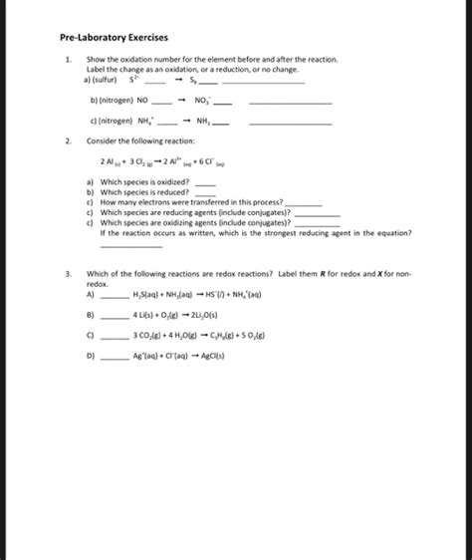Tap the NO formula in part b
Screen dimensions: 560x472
click(x=140, y=101)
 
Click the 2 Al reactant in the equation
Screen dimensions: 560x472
click(x=109, y=160)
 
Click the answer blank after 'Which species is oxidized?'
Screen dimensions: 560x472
click(x=205, y=183)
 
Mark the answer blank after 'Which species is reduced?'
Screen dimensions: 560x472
click(x=204, y=192)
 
